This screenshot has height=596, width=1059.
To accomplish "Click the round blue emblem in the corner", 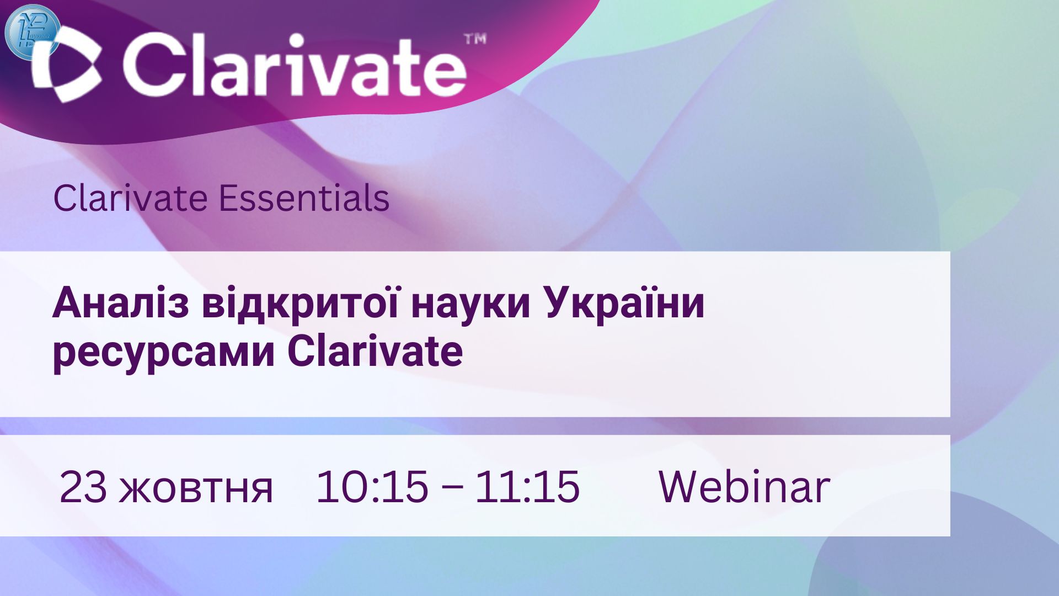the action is point(32,31).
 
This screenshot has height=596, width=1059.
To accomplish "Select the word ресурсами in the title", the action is point(164,353).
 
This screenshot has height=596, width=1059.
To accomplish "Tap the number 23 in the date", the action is point(83,487).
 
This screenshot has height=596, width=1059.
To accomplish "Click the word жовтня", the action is point(196,489).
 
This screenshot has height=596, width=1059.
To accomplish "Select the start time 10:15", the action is point(372,487).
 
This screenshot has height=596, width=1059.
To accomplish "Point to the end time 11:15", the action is point(527,487).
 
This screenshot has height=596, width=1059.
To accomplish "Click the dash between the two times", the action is point(452,489).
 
